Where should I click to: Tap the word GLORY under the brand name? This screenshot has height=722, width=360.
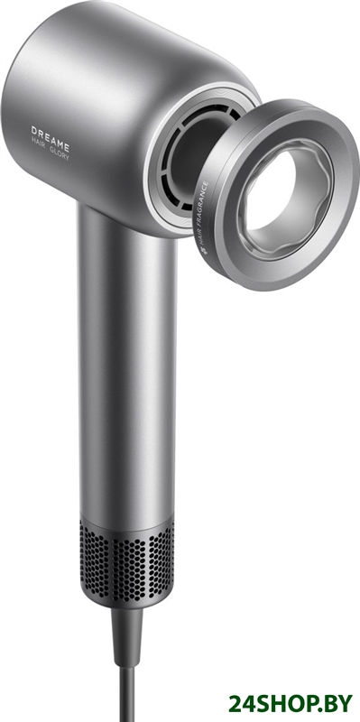point(60,153)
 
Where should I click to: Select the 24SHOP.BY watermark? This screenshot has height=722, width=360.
point(291,703)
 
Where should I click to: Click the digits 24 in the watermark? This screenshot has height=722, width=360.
point(240,703)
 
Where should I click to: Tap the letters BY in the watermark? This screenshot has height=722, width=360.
point(340,703)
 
